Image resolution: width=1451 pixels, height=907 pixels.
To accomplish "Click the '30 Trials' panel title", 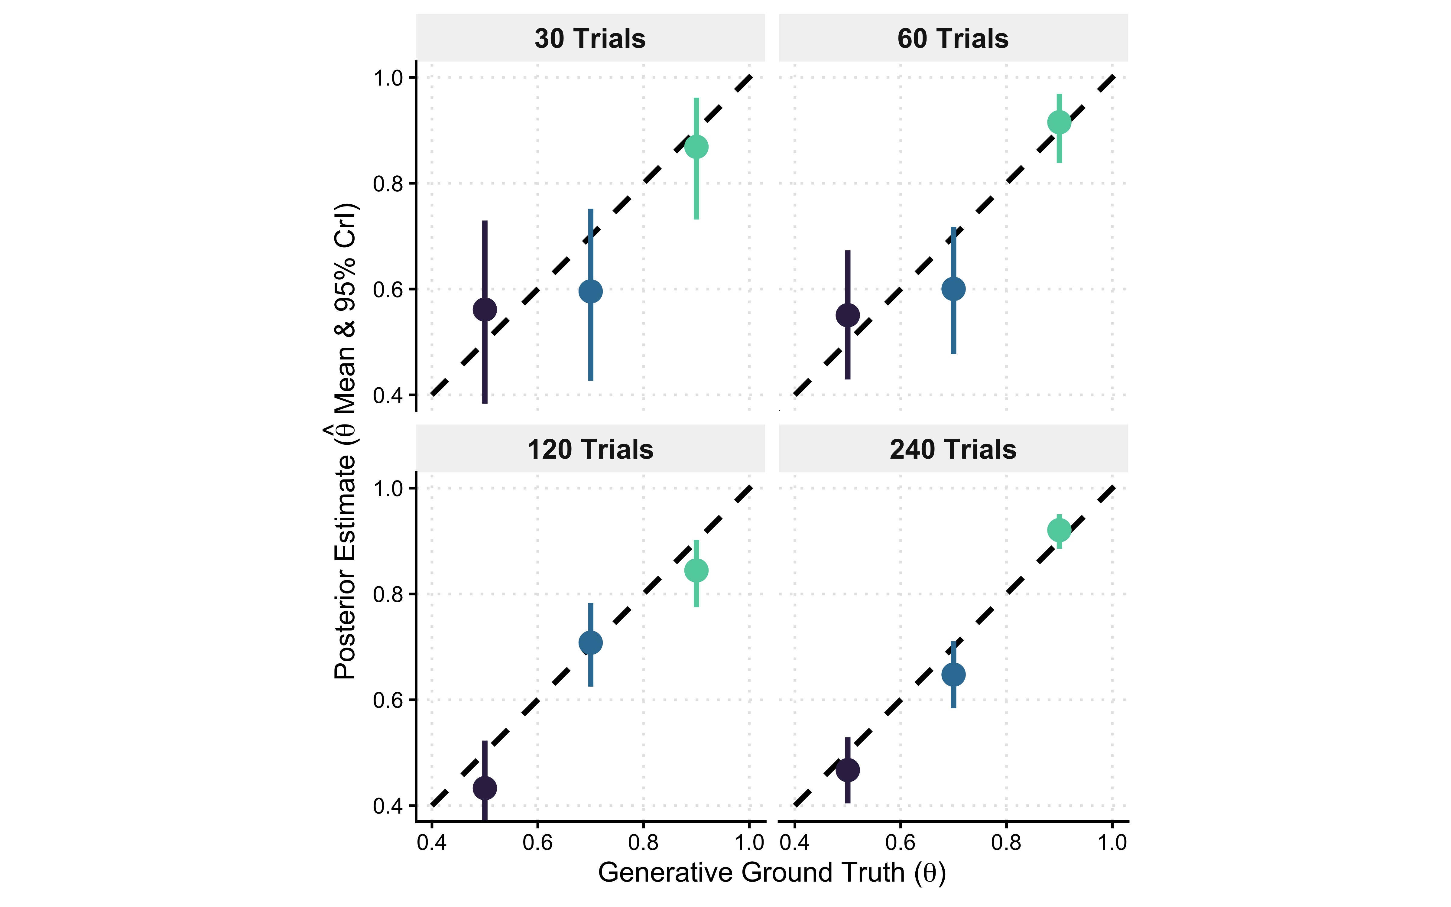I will [590, 38].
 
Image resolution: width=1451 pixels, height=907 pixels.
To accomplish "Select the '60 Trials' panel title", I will [953, 38].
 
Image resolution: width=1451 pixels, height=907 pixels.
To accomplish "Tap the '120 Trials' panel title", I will [590, 449].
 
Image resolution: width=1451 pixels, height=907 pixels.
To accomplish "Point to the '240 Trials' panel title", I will [953, 449].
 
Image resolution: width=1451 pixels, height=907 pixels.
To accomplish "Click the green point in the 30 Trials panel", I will [696, 146].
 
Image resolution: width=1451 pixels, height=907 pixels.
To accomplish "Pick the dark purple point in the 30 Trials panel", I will [485, 310].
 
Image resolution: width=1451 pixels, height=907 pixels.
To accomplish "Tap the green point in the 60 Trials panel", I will [1059, 122].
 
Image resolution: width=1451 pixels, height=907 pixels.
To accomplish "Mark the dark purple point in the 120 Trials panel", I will [485, 788].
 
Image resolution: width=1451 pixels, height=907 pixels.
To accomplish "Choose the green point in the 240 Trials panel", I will [1059, 530].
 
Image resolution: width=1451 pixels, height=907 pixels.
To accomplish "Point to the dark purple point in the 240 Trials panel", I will [847, 770].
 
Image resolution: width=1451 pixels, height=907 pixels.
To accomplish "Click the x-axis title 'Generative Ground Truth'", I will [772, 872].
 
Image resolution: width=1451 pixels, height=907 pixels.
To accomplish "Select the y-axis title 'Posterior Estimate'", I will [345, 441].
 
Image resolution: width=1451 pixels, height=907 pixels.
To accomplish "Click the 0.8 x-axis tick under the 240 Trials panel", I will [1006, 843].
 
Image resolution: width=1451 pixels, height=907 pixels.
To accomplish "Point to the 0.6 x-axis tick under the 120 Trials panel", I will [537, 843].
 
